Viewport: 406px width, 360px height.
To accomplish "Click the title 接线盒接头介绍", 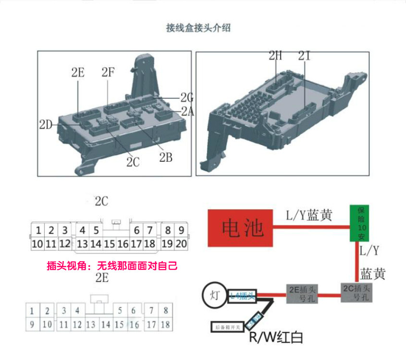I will (x=198, y=28).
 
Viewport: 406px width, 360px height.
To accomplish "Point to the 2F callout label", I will (x=108, y=72).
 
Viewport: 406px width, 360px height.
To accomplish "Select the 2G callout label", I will (x=186, y=98).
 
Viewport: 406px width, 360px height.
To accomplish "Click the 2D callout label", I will (x=46, y=125).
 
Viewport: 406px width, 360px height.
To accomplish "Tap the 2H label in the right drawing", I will (x=275, y=55).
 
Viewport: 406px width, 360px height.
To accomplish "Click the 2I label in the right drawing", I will (x=304, y=55).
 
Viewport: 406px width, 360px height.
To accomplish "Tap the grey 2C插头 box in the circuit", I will (x=357, y=292).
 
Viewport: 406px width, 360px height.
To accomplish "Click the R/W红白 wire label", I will (x=276, y=337).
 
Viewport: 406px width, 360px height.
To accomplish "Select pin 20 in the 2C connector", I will (x=181, y=244).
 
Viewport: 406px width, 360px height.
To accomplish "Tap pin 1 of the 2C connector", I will (x=38, y=230).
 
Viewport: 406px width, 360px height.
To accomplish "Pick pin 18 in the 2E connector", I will (x=165, y=325).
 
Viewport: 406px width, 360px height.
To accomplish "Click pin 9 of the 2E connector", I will (x=32, y=325).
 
